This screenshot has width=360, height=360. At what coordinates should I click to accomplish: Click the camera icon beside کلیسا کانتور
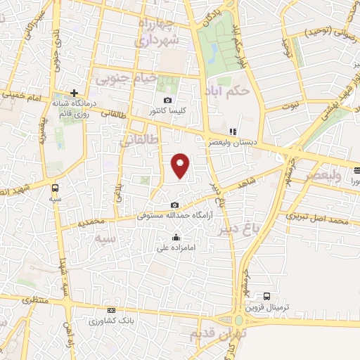[167, 101]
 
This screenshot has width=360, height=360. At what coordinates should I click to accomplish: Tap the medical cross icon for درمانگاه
[73, 93]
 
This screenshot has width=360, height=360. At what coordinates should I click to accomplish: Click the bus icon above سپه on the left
[55, 188]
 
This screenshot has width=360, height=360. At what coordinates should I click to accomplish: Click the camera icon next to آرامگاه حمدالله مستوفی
[174, 205]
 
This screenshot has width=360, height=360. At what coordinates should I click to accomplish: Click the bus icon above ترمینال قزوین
[266, 297]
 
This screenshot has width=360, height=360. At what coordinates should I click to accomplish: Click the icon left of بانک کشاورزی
[110, 310]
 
